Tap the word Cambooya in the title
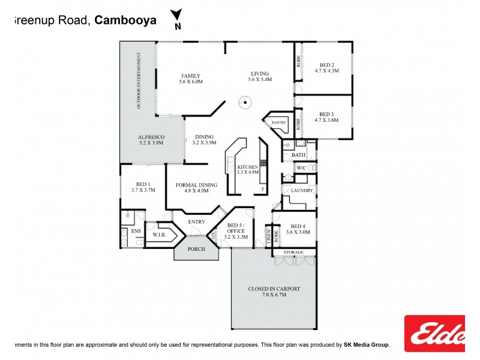[126, 20]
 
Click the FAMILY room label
[191, 76]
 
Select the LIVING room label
[260, 74]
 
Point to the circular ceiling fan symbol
[245, 103]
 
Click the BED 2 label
[326, 65]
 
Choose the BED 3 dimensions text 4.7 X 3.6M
[326, 120]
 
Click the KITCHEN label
[247, 167]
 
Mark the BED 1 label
[143, 184]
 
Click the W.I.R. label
[159, 235]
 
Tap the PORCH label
[196, 248]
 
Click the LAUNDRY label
[302, 190]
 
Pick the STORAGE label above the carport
[293, 252]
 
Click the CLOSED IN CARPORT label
[274, 289]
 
